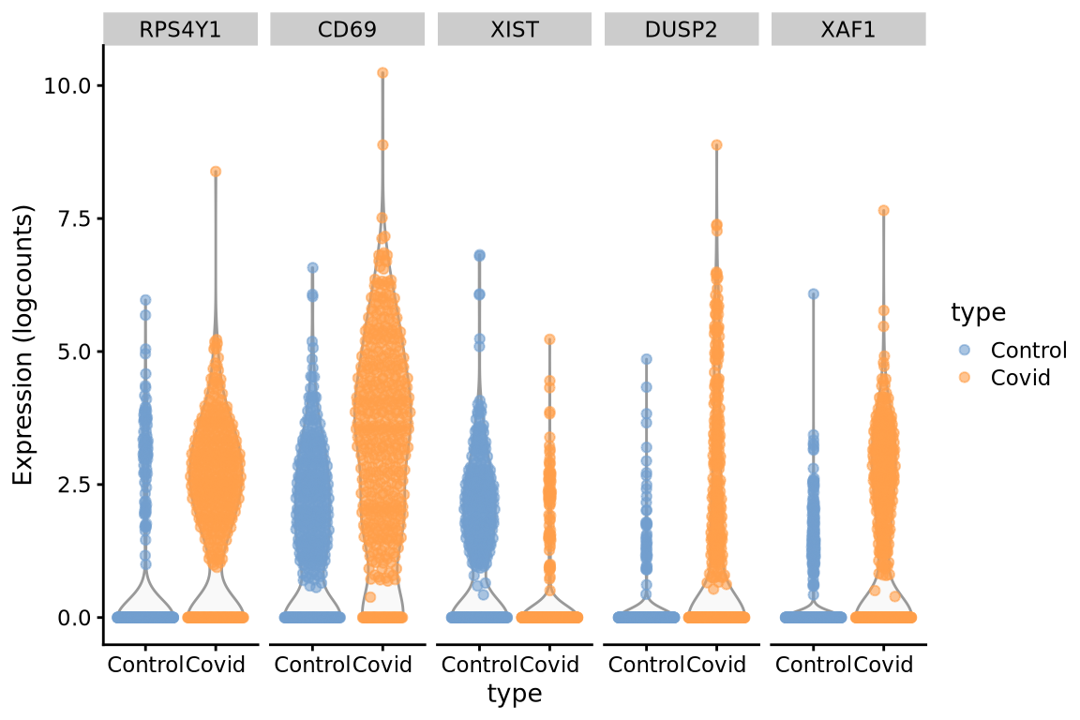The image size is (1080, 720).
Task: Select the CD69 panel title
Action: (x=347, y=29)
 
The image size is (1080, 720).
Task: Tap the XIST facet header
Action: (x=515, y=29)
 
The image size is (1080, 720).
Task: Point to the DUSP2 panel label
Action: (x=682, y=29)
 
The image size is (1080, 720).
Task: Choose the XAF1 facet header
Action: (x=848, y=29)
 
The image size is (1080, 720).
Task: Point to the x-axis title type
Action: (x=515, y=695)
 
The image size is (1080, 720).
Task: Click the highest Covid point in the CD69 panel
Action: (x=382, y=72)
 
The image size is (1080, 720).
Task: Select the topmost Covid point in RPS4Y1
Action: (x=215, y=172)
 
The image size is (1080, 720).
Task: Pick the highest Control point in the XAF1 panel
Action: (x=813, y=293)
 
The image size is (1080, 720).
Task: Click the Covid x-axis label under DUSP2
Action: (x=716, y=666)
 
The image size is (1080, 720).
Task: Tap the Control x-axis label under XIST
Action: (x=478, y=666)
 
